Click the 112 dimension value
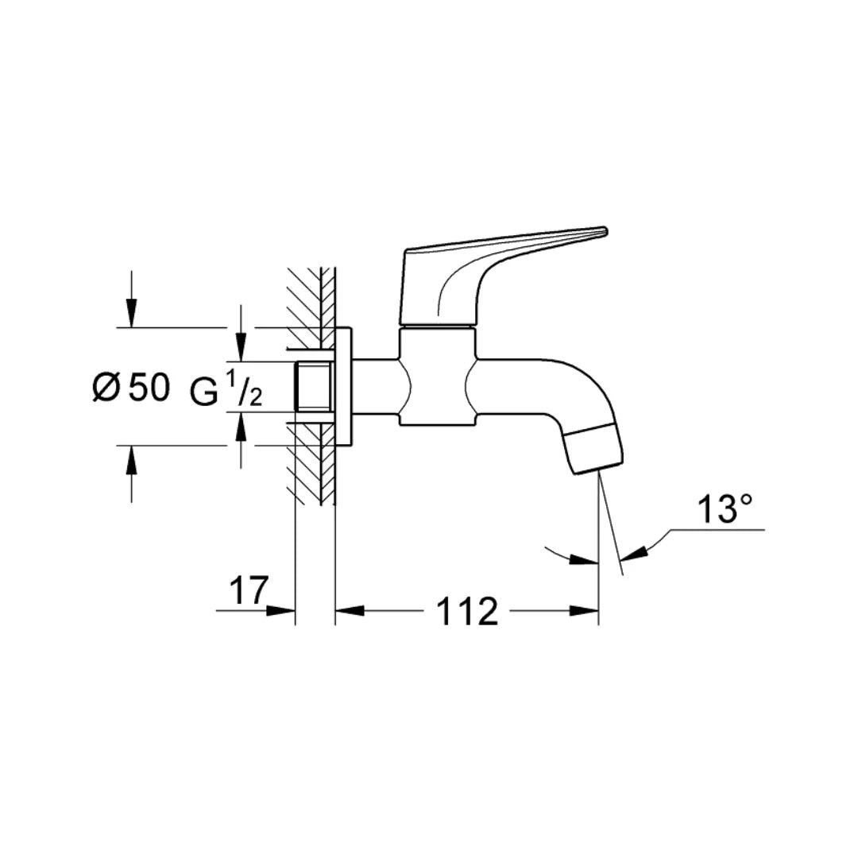point(466,611)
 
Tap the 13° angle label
point(725,509)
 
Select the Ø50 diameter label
point(131,388)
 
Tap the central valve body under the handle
point(437,377)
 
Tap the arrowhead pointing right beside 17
point(283,611)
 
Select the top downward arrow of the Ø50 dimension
point(132,315)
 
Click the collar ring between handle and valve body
point(437,327)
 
